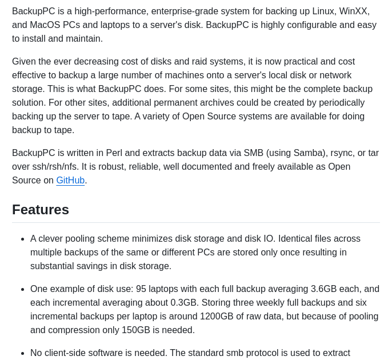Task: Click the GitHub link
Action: pyautogui.click(x=70, y=181)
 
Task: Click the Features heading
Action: pyautogui.click(x=41, y=210)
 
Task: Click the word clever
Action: pyautogui.click(x=53, y=239)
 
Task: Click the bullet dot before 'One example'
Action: pyautogui.click(x=22, y=289)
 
